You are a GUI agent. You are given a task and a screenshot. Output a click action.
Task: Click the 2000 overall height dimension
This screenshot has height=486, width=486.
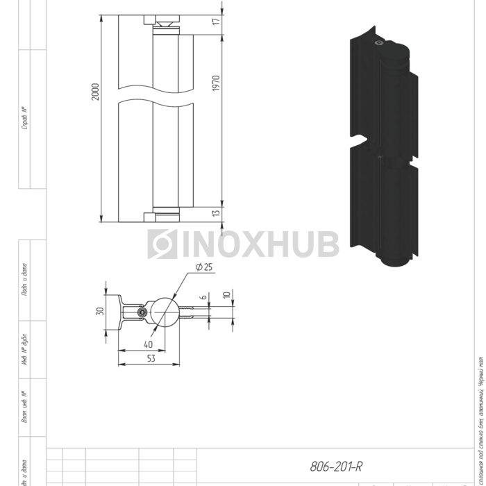coord(95,91)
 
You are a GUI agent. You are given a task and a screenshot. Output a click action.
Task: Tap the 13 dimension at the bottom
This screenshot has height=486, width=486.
coord(217,214)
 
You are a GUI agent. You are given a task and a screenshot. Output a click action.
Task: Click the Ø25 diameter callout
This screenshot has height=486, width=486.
coord(204,267)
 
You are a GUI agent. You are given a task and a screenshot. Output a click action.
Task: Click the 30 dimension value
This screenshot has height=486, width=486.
coord(99,310)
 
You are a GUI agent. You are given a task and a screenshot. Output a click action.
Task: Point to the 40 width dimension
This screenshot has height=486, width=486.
coord(148,344)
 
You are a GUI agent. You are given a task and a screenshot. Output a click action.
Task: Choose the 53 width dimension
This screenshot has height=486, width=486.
coord(151,358)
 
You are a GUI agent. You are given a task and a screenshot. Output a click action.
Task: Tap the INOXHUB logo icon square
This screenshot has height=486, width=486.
coord(162,244)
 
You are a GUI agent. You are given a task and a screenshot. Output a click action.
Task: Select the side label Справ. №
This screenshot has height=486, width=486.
coord(24,119)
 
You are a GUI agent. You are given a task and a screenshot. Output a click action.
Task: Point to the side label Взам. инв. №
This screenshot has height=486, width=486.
coord(24,409)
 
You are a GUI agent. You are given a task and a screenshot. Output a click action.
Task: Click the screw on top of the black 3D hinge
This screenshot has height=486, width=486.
coord(378,44)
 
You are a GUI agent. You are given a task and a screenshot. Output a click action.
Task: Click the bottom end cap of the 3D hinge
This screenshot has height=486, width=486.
coord(396,262)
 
